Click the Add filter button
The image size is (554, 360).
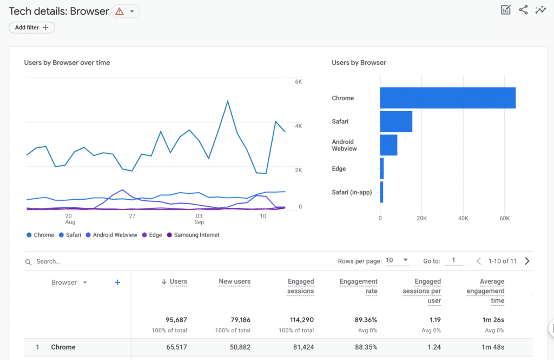pyautogui.click(x=31, y=28)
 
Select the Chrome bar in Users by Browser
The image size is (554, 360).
pyautogui.click(x=447, y=98)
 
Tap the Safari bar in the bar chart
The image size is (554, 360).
pyautogui.click(x=396, y=121)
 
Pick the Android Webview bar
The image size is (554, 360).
pyautogui.click(x=388, y=145)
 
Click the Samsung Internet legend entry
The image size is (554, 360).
pyautogui.click(x=193, y=235)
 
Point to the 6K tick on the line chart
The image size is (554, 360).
pyautogui.click(x=298, y=82)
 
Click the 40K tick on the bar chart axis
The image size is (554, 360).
pyautogui.click(x=463, y=218)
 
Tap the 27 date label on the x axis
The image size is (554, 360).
pyautogui.click(x=131, y=216)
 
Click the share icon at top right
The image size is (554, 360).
pyautogui.click(x=523, y=10)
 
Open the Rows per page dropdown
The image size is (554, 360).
pyautogui.click(x=398, y=261)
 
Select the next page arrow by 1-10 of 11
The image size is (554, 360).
pyautogui.click(x=527, y=261)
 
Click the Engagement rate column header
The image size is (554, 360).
pyautogui.click(x=358, y=286)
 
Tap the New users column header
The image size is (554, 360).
pyautogui.click(x=234, y=282)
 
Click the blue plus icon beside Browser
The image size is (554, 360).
pyautogui.click(x=117, y=283)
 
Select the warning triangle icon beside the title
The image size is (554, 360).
pyautogui.click(x=120, y=11)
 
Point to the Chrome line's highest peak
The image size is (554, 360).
pyautogui.click(x=228, y=101)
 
